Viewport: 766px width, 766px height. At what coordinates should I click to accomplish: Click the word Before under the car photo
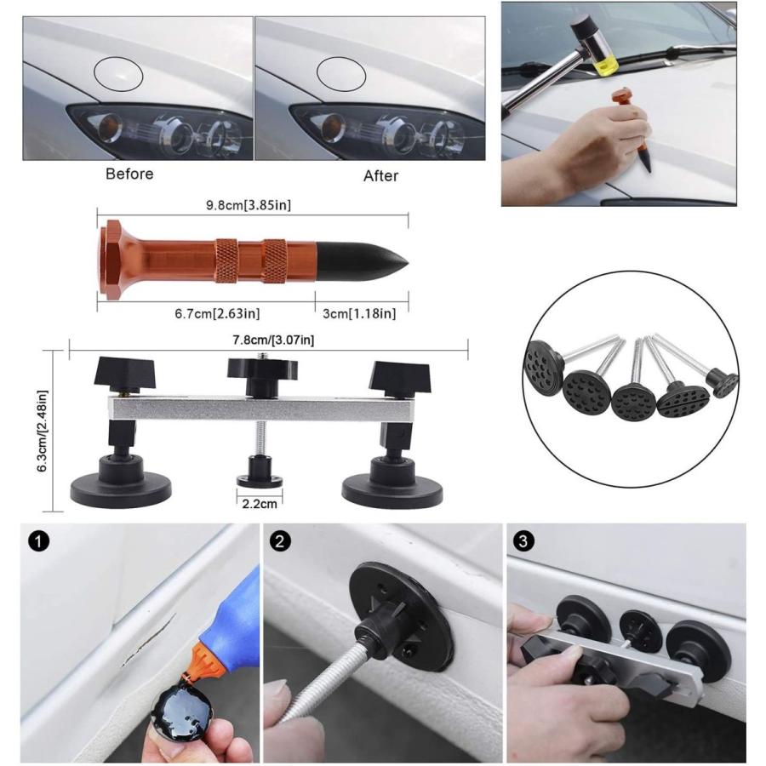click(129, 174)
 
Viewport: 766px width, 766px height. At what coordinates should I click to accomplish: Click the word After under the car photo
click(380, 176)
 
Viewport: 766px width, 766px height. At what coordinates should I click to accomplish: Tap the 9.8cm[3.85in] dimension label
click(249, 205)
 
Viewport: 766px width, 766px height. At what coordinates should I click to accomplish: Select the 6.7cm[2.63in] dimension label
click(217, 313)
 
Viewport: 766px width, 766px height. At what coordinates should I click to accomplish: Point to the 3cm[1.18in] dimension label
click(359, 313)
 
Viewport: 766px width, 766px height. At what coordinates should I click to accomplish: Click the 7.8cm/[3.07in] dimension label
click(273, 340)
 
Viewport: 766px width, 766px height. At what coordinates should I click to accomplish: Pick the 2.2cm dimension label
click(260, 504)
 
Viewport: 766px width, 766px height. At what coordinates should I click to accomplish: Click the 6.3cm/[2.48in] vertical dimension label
click(43, 431)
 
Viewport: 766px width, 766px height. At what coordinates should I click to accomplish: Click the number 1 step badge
click(38, 542)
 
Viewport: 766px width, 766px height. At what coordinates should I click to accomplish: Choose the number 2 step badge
click(280, 542)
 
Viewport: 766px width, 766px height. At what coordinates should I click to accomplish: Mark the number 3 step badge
click(523, 542)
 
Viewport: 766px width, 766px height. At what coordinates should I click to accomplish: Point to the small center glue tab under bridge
click(260, 477)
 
